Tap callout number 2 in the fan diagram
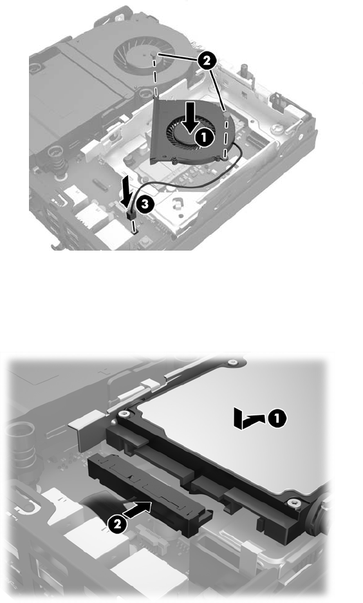click(206, 61)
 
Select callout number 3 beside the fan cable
click(145, 204)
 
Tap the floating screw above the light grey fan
click(154, 55)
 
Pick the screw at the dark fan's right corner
click(227, 115)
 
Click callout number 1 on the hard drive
click(277, 418)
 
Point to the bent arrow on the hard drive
click(249, 419)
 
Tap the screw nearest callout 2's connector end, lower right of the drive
click(295, 503)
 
